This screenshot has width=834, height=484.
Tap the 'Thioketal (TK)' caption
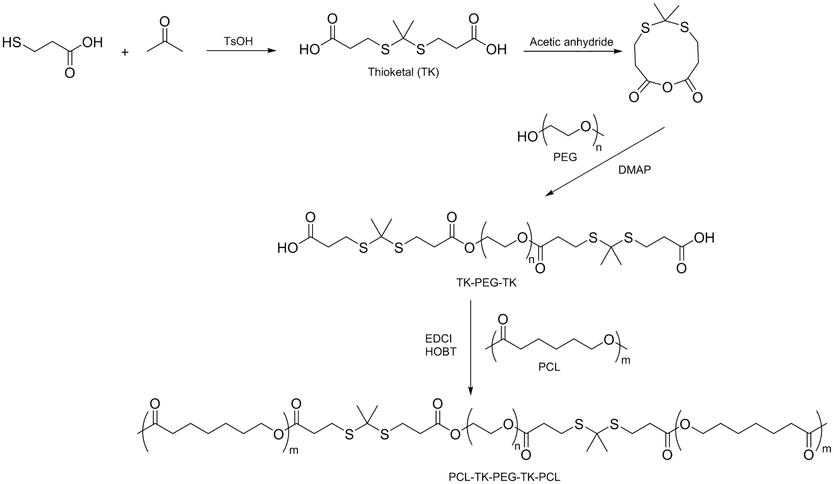click(404, 72)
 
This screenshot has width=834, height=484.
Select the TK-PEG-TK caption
click(486, 283)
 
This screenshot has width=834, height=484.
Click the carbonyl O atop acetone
click(164, 22)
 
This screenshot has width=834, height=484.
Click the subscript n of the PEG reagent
click(599, 148)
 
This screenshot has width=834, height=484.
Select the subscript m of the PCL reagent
click(626, 360)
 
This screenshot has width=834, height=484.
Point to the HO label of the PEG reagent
click(527, 137)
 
